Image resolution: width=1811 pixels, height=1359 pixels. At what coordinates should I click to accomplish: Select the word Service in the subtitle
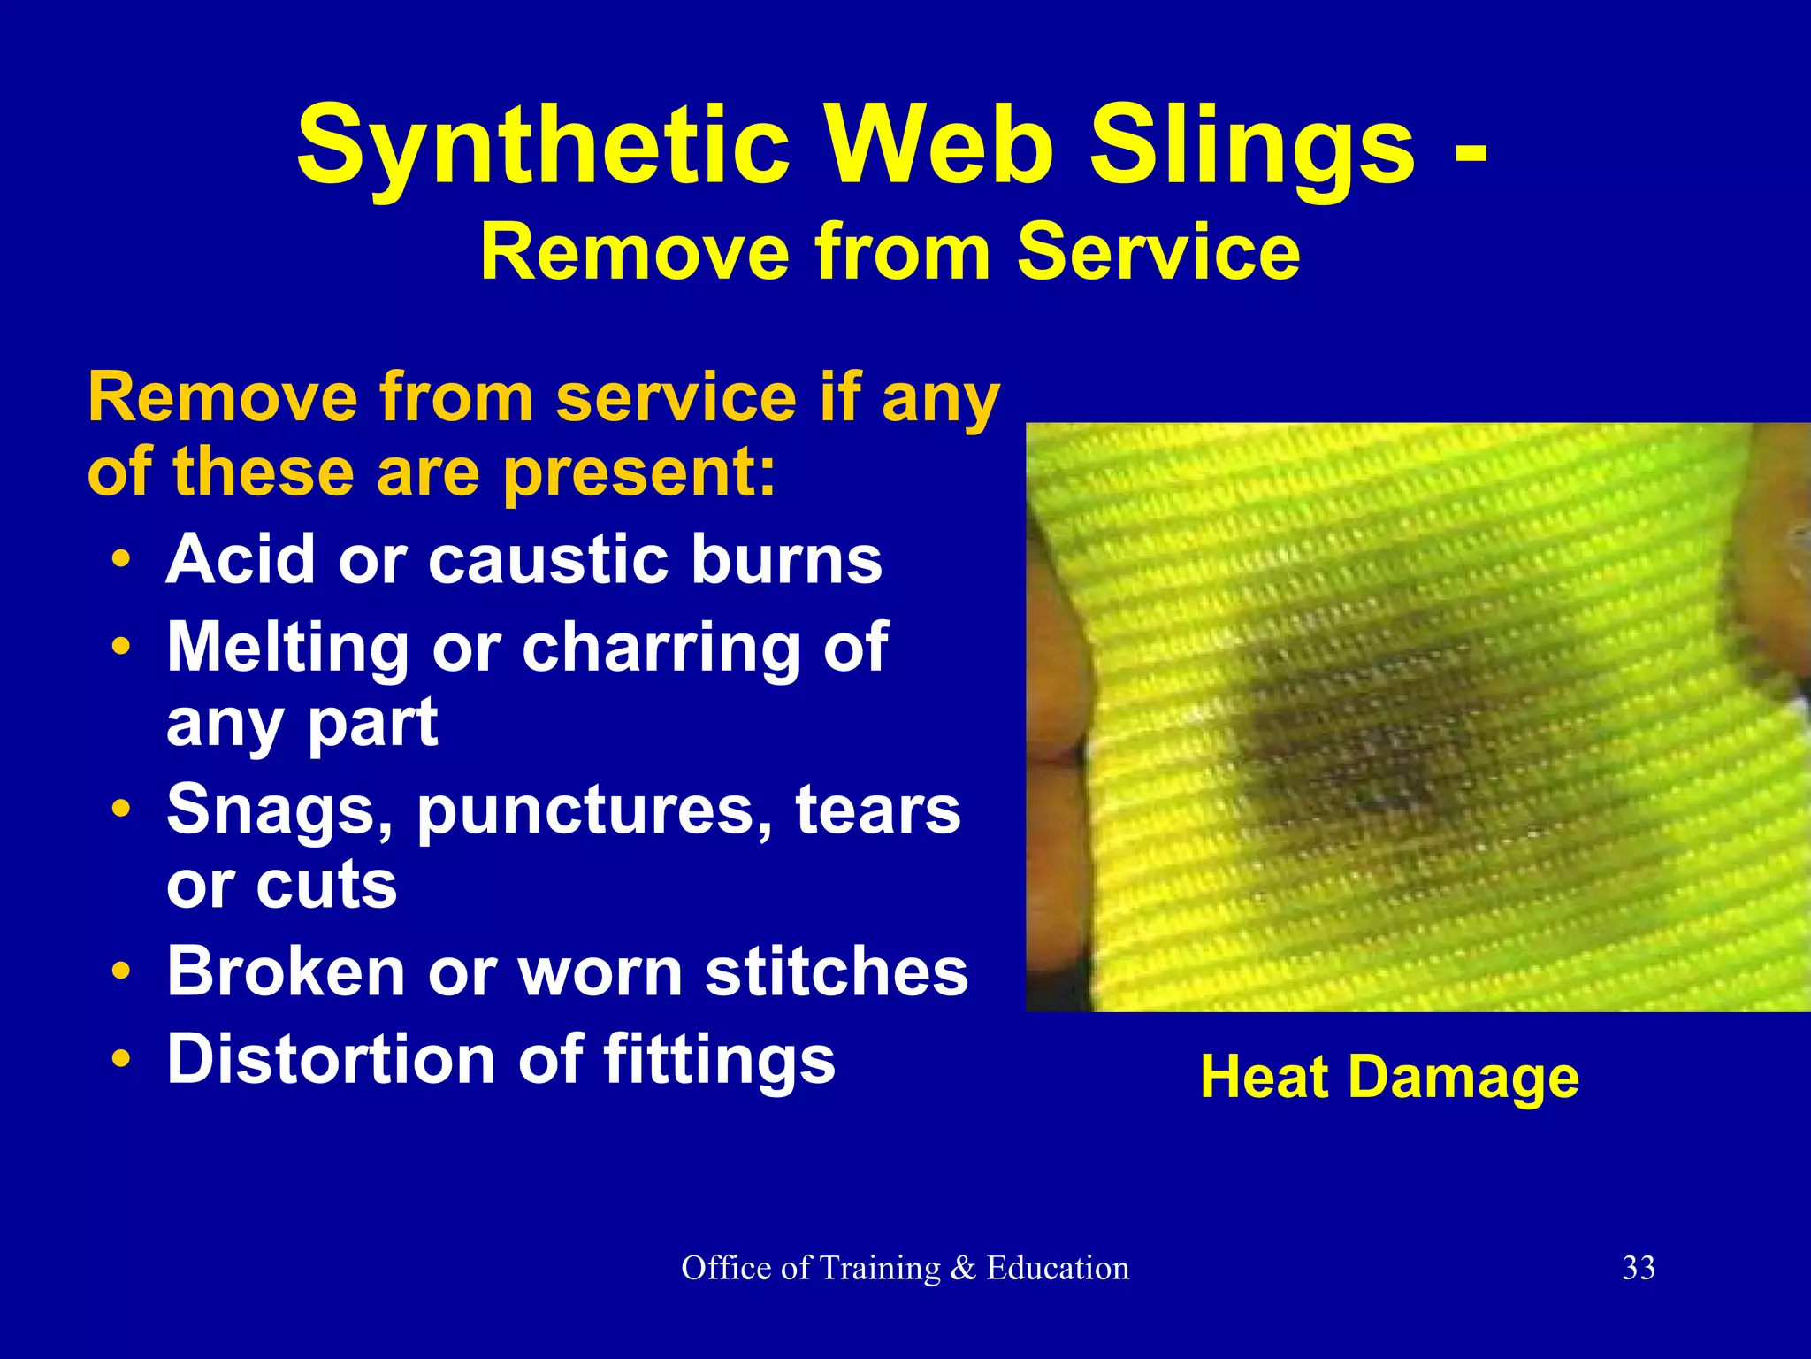pos(1158,253)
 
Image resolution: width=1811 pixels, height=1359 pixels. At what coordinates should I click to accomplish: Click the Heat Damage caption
pos(1389,1078)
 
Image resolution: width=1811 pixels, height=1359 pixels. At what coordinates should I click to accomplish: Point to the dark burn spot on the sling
pos(1362,734)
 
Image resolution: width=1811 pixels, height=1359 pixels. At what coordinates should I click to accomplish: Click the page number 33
pos(1639,1268)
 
